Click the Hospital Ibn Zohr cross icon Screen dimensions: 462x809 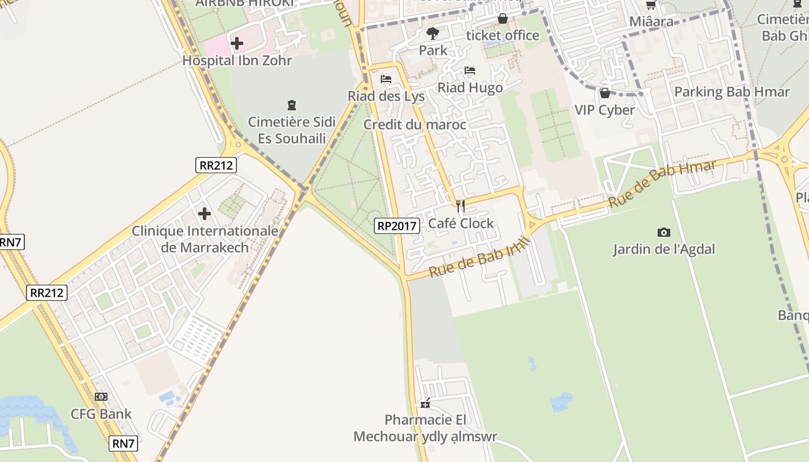coord(236,43)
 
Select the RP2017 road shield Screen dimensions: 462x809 coord(397,226)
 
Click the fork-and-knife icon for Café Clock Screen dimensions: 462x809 coord(461,206)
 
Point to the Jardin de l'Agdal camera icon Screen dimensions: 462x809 coord(664,232)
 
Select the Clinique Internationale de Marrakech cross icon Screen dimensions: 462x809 coord(204,214)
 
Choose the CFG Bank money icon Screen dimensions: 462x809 coord(101,397)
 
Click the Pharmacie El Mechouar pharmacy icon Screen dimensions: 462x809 coord(425,404)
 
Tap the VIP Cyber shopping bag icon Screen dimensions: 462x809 coord(605,93)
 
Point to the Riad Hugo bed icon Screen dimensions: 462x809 coord(470,71)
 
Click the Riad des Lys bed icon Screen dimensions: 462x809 coord(386,79)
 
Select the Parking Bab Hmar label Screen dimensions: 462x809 coord(732,92)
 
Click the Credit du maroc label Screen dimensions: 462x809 coord(415,125)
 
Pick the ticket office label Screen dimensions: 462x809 coord(503,35)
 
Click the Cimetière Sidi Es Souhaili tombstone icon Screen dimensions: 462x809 coord(292,105)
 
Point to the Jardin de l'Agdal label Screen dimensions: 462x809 coord(664,249)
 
